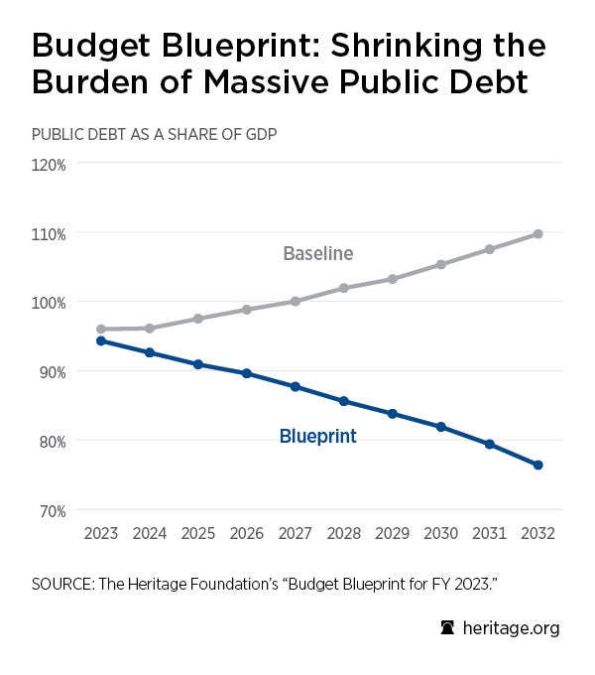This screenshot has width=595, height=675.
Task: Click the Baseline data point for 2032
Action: pyautogui.click(x=537, y=233)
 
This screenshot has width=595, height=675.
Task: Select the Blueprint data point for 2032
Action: pyautogui.click(x=537, y=465)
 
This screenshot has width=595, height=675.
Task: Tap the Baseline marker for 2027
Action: pyautogui.click(x=296, y=301)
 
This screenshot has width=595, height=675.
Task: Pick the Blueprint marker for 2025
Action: pyautogui.click(x=198, y=364)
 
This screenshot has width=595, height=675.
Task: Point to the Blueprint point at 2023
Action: pyautogui.click(x=101, y=340)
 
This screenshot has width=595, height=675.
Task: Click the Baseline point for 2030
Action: pyautogui.click(x=440, y=264)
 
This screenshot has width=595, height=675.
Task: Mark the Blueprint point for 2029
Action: pyautogui.click(x=392, y=413)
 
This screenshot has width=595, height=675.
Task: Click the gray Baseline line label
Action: pyautogui.click(x=317, y=253)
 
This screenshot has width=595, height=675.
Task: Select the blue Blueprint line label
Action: pyautogui.click(x=317, y=436)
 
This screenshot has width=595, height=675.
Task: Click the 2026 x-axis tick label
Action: pyautogui.click(x=247, y=533)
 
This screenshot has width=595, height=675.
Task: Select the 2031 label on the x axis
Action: pyautogui.click(x=489, y=533)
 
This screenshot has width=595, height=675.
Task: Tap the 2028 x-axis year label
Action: pyautogui.click(x=343, y=533)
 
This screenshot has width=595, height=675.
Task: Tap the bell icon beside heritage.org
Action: pyautogui.click(x=448, y=627)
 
